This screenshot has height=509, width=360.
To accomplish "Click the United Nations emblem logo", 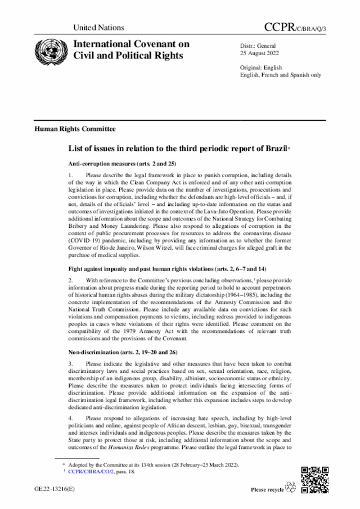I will pyautogui.click(x=49, y=50).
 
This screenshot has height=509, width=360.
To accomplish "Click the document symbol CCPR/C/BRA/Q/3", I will pyautogui.click(x=295, y=27).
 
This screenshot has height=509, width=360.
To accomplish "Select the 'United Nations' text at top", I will pyautogui.click(x=98, y=28).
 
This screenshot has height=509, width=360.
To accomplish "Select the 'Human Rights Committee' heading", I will pyautogui.click(x=75, y=129).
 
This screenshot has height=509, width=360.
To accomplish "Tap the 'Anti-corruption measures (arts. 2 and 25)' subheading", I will pyautogui.click(x=129, y=163).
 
